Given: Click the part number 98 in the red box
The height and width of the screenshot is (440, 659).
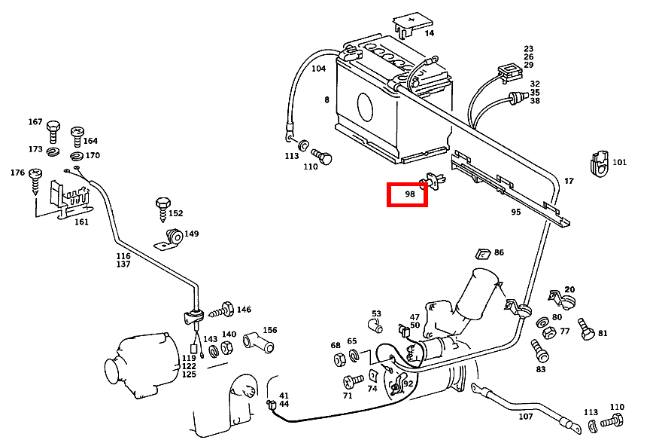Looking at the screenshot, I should [410, 194].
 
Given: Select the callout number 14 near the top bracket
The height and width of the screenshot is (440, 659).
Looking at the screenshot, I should [429, 33].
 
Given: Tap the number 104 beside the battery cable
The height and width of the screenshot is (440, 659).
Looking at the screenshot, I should [318, 69].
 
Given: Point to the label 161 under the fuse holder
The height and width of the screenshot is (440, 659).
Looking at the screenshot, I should [80, 222].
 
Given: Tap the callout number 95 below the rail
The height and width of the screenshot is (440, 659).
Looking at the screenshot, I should [516, 212].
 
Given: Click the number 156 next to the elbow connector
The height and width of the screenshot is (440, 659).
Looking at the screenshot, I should [269, 330].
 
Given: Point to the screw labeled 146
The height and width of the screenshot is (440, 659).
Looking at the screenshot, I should [223, 309].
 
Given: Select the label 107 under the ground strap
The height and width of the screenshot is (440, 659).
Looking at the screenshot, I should [526, 417].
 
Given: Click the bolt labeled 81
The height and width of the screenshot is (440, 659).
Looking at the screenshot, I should [585, 328].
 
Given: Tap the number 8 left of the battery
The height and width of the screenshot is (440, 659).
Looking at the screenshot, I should [327, 100].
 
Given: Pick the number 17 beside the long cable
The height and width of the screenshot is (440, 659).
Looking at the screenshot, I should [569, 181].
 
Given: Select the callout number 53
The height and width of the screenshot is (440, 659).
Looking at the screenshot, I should [376, 313].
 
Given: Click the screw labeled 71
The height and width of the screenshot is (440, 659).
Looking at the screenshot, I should [350, 381].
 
